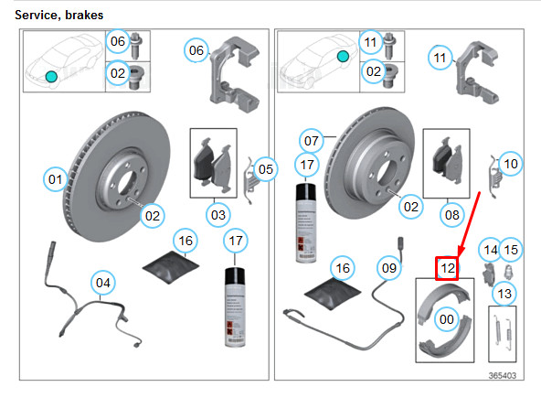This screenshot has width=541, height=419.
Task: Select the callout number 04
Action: pyautogui.click(x=103, y=284)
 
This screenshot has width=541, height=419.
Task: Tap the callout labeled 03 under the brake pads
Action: pyautogui.click(x=217, y=215)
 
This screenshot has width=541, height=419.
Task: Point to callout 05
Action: pyautogui.click(x=265, y=168)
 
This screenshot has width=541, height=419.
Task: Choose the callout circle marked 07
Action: pyautogui.click(x=311, y=142)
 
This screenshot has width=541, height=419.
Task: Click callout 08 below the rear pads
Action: pyautogui.click(x=451, y=215)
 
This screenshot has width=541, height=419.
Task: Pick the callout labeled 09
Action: pyautogui.click(x=389, y=268)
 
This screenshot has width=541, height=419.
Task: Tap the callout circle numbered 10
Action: pyautogui.click(x=511, y=165)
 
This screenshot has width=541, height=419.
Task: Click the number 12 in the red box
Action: pyautogui.click(x=447, y=269)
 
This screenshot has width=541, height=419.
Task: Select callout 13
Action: pyautogui.click(x=505, y=293)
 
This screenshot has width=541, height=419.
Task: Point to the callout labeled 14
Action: pyautogui.click(x=491, y=250)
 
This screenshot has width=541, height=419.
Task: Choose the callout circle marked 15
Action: pyautogui.click(x=511, y=250)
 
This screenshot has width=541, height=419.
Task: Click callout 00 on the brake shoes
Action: pyautogui.click(x=446, y=319)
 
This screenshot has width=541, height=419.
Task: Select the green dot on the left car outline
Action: pyautogui.click(x=51, y=75)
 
